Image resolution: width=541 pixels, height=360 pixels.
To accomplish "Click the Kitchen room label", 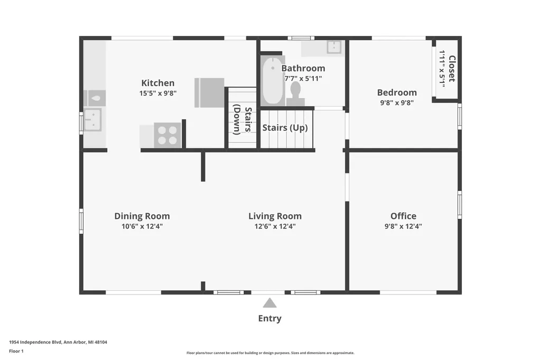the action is [x=157, y=83].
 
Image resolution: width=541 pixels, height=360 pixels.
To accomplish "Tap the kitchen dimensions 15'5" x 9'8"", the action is [x=157, y=93].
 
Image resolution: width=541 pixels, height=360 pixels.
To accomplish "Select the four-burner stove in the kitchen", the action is [x=167, y=135].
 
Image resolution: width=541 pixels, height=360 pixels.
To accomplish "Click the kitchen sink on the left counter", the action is [x=92, y=120].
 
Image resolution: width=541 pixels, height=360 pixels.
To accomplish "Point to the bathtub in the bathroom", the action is [x=273, y=80].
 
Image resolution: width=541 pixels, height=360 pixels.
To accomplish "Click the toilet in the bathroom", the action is [x=295, y=93].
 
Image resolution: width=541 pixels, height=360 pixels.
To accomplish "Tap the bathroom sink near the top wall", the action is [x=334, y=47].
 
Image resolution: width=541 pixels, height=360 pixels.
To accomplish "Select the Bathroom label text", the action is [x=303, y=68].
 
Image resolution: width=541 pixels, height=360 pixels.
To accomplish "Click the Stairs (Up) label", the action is [x=285, y=128].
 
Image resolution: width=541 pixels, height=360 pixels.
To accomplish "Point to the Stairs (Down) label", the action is [x=242, y=119].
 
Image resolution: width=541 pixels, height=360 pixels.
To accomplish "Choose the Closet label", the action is [x=452, y=69].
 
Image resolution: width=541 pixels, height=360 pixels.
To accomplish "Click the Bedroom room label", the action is [x=397, y=92].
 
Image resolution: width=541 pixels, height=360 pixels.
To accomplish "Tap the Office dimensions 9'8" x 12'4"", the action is [x=403, y=226].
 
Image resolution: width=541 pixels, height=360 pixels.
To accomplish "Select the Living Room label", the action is [x=275, y=216].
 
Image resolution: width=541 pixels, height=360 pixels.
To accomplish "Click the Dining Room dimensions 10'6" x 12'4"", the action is [x=142, y=226].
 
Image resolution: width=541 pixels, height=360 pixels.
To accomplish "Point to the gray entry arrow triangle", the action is [x=269, y=304].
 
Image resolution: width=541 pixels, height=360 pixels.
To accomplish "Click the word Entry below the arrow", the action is [x=270, y=318].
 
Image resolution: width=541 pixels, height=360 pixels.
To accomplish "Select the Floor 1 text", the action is [x=16, y=351].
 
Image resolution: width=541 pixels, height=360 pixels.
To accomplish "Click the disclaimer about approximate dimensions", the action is [x=270, y=353].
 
